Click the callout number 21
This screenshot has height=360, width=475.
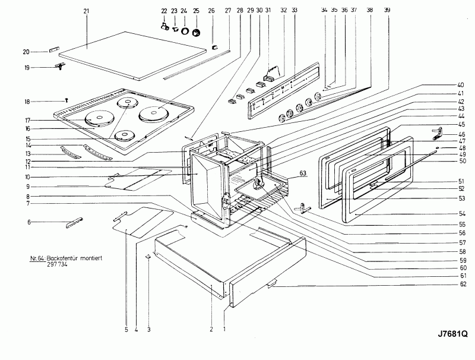point(87,11)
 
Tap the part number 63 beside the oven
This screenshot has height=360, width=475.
point(303,173)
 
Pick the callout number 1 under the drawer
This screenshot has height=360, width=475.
point(224,329)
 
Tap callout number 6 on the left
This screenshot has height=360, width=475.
point(28,222)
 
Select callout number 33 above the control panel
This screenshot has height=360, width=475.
point(294,11)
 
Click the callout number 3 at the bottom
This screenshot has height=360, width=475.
point(148,329)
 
